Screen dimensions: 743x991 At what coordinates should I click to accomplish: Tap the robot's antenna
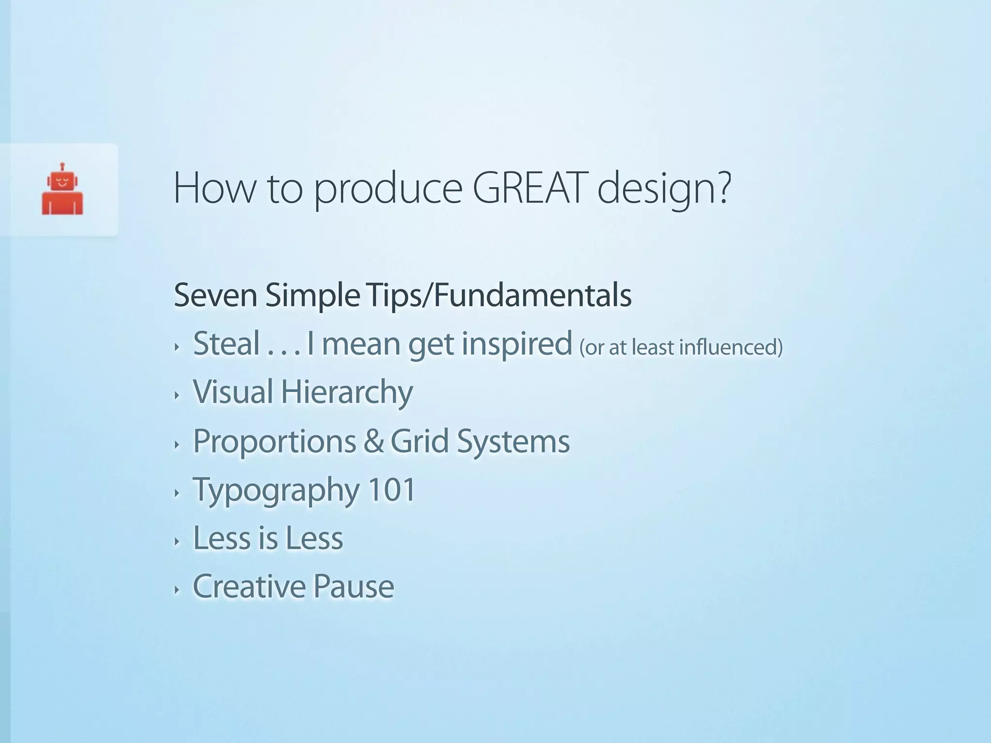tap(62, 166)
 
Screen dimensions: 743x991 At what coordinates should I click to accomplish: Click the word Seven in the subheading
tap(215, 295)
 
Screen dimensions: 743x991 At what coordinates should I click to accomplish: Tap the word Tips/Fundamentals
tap(499, 295)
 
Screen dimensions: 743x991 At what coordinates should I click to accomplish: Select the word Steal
tap(226, 343)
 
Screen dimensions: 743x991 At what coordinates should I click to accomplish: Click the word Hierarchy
tap(346, 392)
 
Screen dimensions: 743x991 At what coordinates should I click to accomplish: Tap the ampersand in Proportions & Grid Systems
tap(373, 441)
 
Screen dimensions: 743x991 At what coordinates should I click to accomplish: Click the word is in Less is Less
tap(267, 538)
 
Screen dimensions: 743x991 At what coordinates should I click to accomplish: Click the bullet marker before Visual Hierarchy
tap(177, 395)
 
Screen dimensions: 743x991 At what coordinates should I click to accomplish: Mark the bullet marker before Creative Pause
tap(177, 590)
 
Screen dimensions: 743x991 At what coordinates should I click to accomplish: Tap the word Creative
tap(249, 586)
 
